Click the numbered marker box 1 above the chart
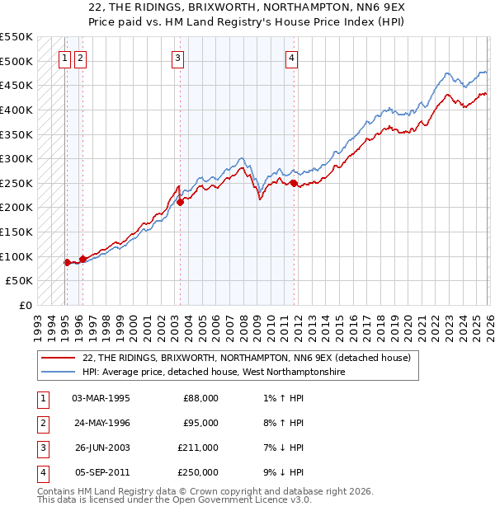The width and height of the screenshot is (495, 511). pos(64,58)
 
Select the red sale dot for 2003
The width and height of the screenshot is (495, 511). pos(180,202)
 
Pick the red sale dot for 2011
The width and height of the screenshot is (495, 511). pos(293,183)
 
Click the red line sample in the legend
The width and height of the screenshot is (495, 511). pos(58,358)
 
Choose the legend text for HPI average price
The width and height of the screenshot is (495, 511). pos(213,373)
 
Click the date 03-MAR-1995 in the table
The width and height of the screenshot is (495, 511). pos(101,398)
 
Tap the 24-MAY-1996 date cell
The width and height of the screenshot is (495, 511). pos(101,423)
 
